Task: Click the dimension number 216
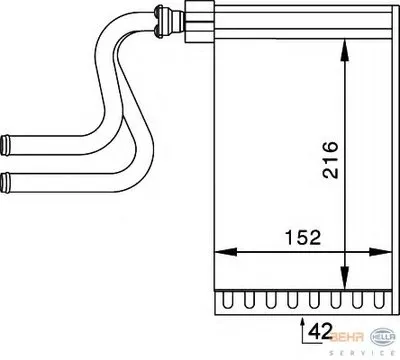point(330,160)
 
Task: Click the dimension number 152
point(303,237)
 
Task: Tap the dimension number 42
point(320,331)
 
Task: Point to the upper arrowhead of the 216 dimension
point(345,50)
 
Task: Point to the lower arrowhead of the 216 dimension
point(345,277)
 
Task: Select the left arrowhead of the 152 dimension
point(225,252)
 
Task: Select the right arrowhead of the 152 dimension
point(380,252)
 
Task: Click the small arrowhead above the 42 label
point(303,322)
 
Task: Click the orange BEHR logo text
point(347,337)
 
